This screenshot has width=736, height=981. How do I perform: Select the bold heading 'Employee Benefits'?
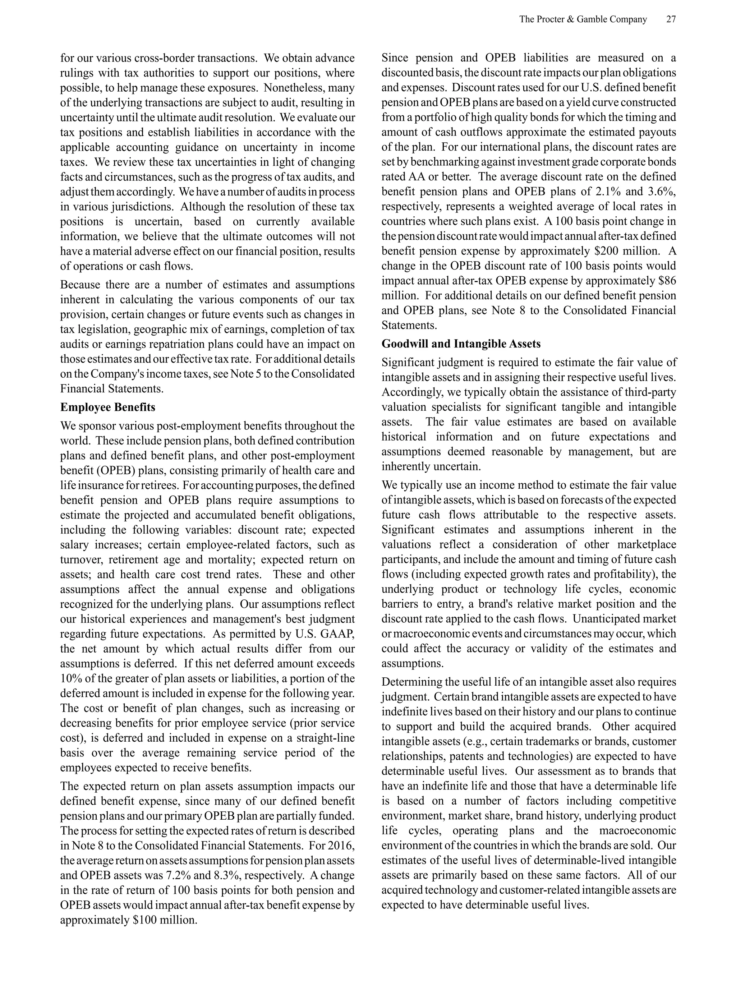[x=108, y=407]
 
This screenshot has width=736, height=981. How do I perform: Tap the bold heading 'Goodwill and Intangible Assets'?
[x=461, y=344]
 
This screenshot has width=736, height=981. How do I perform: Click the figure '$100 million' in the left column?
[x=165, y=920]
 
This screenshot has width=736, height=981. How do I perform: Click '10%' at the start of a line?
[x=70, y=678]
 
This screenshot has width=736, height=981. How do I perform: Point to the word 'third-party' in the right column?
[x=652, y=392]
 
